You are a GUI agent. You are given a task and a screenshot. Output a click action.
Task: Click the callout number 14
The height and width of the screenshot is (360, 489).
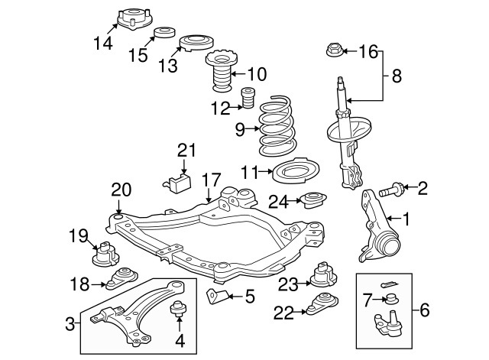tap(102, 44)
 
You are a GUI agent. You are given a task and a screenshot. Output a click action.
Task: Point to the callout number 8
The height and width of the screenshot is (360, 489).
tap(397, 76)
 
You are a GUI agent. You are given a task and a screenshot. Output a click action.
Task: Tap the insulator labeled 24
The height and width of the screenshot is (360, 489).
tap(313, 202)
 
